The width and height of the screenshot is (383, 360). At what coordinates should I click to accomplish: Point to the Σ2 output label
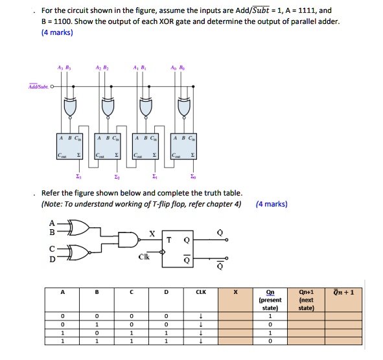pyautogui.click(x=117, y=176)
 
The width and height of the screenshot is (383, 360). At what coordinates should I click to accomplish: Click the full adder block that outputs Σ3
pyautogui.click(x=69, y=147)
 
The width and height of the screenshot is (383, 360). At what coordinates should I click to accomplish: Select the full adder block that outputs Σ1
pyautogui.click(x=146, y=147)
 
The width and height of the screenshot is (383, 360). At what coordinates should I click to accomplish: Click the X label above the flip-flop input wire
pyautogui.click(x=152, y=233)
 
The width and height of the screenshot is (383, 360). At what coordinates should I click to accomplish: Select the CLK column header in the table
pyautogui.click(x=201, y=292)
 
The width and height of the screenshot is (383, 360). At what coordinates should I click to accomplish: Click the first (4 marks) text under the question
pyautogui.click(x=56, y=33)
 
